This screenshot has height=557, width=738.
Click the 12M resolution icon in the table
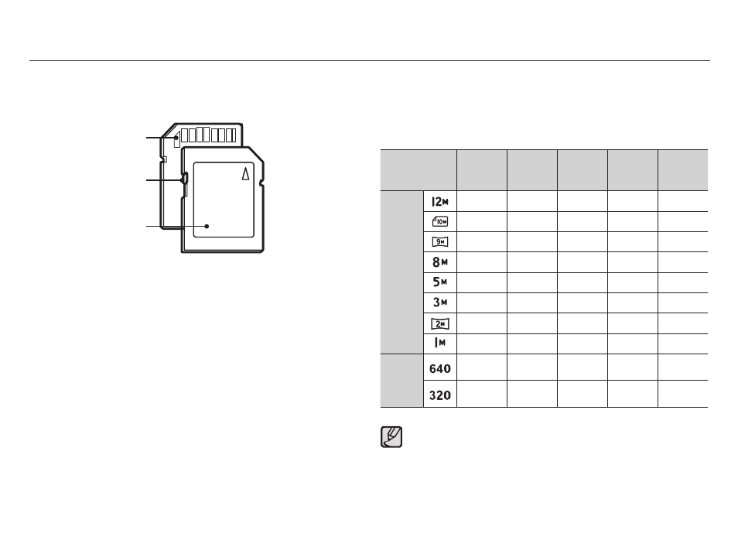coord(440,202)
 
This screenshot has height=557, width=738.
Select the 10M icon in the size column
coord(440,221)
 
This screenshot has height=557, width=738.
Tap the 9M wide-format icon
coord(440,242)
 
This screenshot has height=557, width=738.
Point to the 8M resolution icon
coord(440,261)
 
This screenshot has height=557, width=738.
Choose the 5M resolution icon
coord(440,282)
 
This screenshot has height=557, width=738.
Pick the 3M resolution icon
coord(440,302)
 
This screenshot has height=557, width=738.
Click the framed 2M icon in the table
coord(440,323)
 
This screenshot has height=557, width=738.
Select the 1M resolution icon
coord(440,343)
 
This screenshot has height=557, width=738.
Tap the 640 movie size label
coord(440,369)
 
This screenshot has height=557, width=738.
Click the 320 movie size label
coord(440,395)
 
